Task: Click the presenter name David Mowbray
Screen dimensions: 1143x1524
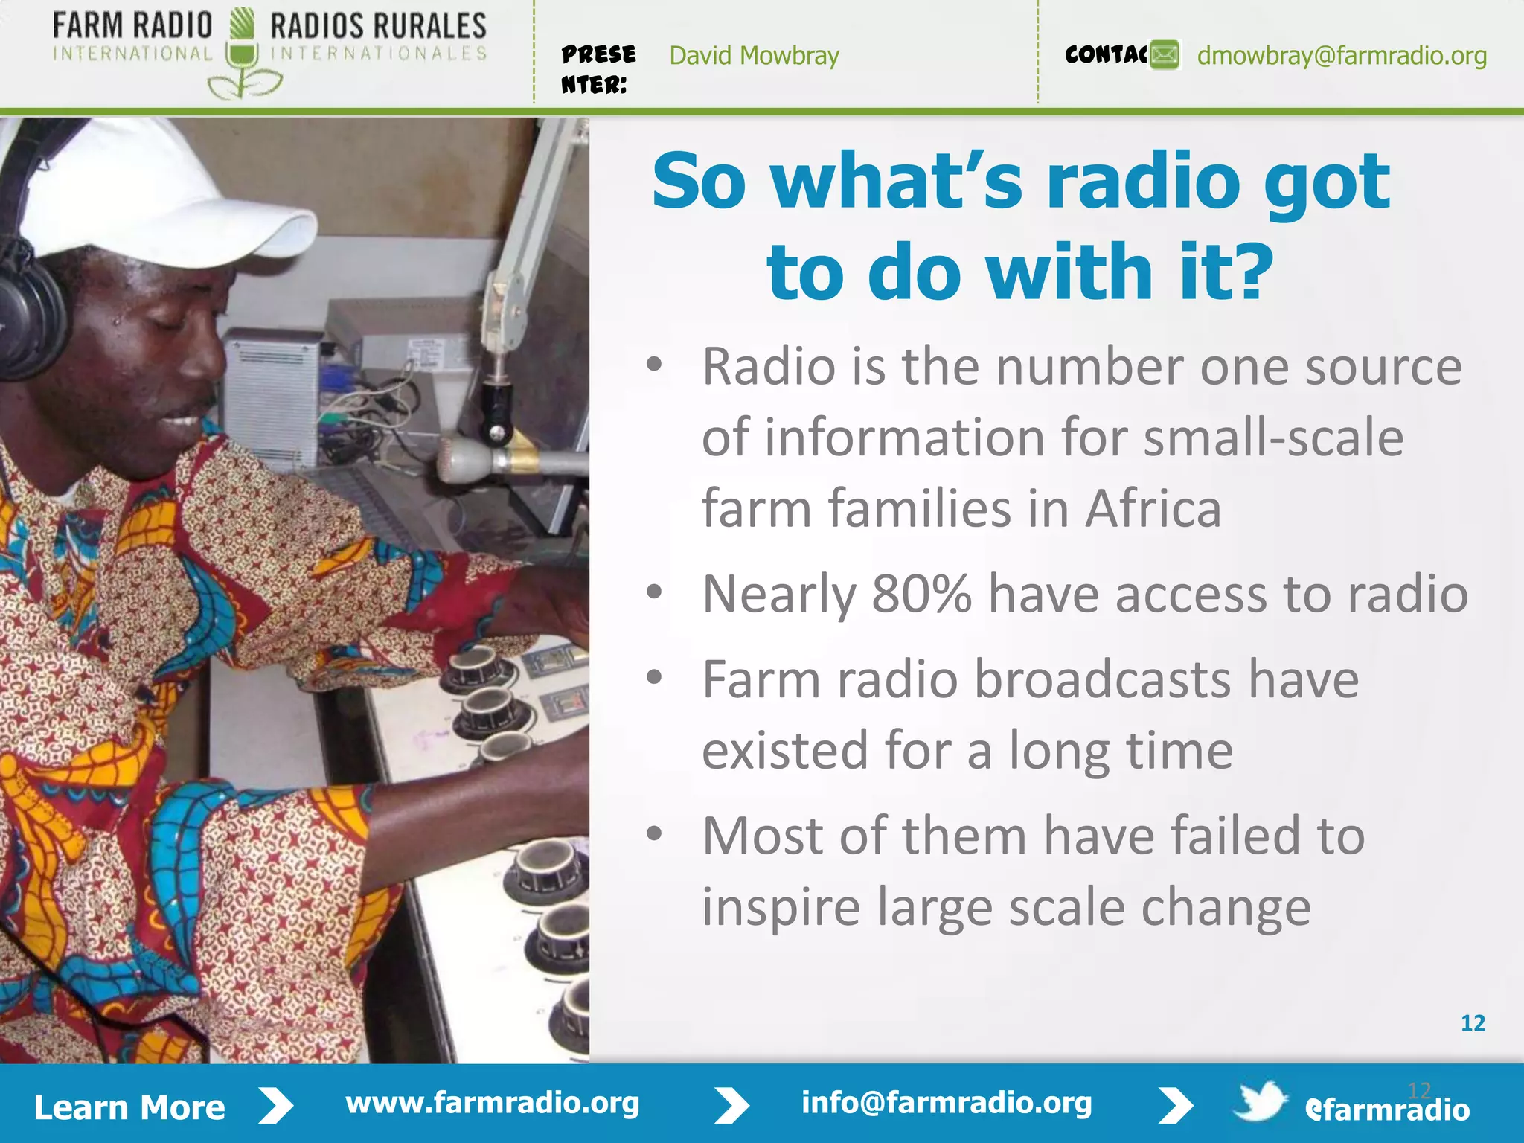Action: (754, 56)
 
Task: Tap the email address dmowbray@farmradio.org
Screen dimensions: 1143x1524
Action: (1342, 56)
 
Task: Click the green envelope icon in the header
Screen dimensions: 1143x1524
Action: (1165, 55)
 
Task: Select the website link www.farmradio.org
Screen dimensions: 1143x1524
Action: (492, 1103)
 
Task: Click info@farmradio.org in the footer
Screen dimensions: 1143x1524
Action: (946, 1103)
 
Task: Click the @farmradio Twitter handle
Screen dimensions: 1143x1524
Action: (1387, 1110)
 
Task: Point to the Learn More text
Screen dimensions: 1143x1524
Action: (129, 1107)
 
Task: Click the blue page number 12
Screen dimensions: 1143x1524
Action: (1473, 1023)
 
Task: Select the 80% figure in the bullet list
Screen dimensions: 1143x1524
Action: (921, 594)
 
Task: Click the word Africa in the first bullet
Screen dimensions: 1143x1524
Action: (1153, 509)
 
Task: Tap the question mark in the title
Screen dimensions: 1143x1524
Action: (1247, 272)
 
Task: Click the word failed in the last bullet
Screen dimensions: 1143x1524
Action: (1236, 836)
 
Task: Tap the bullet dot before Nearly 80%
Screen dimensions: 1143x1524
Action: (654, 592)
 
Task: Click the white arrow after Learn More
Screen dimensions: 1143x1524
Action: (276, 1106)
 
